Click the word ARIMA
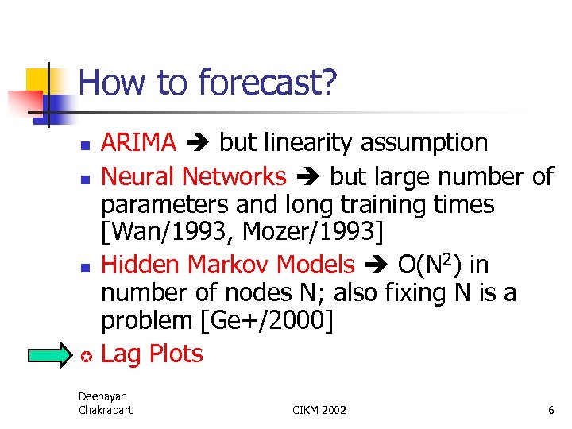click(x=139, y=143)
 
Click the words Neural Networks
click(x=194, y=176)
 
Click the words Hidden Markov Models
click(x=228, y=265)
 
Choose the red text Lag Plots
click(x=152, y=354)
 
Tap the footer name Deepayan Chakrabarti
click(x=106, y=403)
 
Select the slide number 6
click(x=551, y=410)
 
